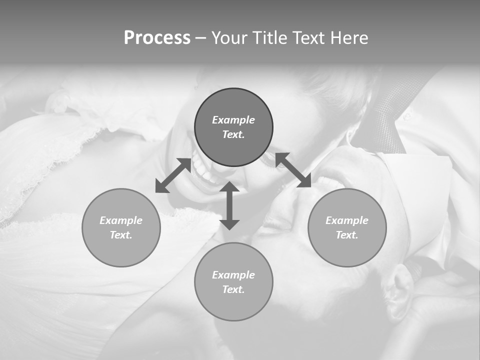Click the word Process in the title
pos(157,38)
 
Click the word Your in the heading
pos(228,38)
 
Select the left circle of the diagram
pos(121,227)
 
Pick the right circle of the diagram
pos(347,227)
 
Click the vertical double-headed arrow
pos(229,205)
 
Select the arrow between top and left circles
pos(173,175)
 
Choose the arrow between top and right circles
pos(293,170)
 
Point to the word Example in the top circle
pos(233,120)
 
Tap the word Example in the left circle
pos(121,220)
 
